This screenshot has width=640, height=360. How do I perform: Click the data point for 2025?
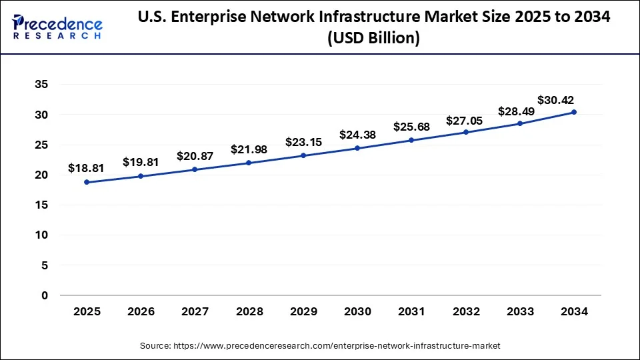coord(87,182)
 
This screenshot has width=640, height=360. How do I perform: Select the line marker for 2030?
coord(357,148)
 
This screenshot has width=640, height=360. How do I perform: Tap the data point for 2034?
coord(573,112)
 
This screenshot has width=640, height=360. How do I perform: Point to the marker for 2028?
coord(249,163)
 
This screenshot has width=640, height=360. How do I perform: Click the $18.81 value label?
coord(87,169)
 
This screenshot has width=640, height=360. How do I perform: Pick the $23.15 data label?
coord(303,142)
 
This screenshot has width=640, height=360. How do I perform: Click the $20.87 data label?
coord(195,156)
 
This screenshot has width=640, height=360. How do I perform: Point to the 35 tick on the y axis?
coord(41,85)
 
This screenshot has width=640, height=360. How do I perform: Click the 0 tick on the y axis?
coord(45,295)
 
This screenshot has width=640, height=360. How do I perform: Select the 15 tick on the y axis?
coord(41,205)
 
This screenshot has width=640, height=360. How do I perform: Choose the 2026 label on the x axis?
coord(141,311)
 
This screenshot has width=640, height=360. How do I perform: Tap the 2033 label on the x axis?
coord(519,311)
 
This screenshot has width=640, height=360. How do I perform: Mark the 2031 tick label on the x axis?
coord(411,311)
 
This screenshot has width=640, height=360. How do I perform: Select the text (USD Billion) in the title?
coord(373,39)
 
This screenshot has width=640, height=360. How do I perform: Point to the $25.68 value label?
coord(411,127)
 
